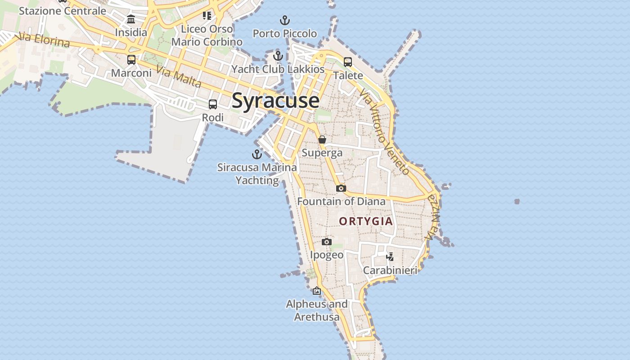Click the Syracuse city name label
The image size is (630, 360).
[275, 100]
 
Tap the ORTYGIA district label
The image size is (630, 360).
[366, 221]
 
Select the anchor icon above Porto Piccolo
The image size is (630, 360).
[284, 20]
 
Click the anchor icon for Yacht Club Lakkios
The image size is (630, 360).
[278, 56]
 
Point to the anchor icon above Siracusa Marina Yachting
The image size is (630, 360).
[256, 155]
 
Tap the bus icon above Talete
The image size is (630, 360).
[348, 62]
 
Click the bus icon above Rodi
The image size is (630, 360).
[213, 104]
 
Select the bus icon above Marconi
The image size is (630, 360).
[131, 60]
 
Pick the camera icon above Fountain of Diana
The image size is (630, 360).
[341, 188]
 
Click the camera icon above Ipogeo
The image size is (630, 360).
[327, 242]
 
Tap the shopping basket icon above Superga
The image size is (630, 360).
[322, 139]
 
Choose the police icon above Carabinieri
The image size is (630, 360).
[390, 257]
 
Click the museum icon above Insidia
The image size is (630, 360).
[131, 19]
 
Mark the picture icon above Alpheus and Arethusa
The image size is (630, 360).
[317, 291]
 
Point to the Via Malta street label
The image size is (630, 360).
[179, 76]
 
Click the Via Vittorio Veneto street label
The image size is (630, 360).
[384, 131]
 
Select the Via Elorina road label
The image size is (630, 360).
[43, 40]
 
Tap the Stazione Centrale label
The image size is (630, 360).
[63, 11]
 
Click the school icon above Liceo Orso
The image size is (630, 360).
[207, 16]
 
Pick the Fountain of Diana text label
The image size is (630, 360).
[341, 201]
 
